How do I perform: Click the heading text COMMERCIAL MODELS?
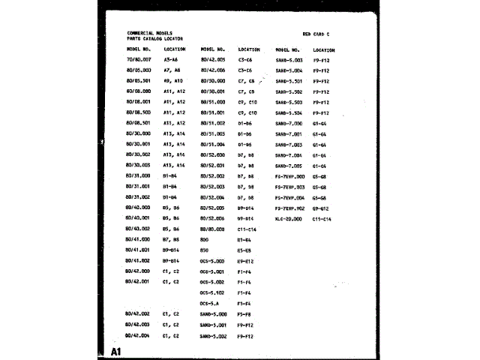tap(150, 33)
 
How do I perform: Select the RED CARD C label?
tap(316, 34)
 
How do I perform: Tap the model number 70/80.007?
tap(139, 58)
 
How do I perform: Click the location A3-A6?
tap(170, 58)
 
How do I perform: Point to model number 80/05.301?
tap(139, 80)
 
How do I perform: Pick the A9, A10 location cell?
tap(172, 80)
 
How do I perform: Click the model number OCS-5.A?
tap(209, 303)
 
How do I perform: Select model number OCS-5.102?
tap(212, 292)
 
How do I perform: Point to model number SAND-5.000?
tap(214, 313)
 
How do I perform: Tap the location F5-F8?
tap(244, 313)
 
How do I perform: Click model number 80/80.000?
tap(213, 229)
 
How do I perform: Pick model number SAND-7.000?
tap(289, 122)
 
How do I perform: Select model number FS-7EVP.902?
tap(289, 208)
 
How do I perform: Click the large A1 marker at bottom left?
tap(116, 351)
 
